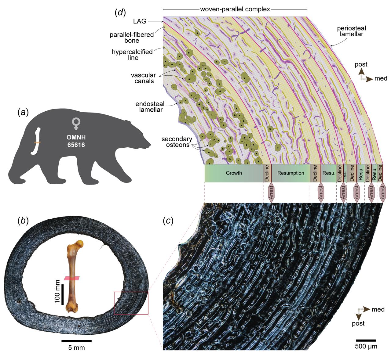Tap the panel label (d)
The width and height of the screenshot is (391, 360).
[x=120, y=13]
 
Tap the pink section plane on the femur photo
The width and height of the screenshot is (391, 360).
[x=72, y=278]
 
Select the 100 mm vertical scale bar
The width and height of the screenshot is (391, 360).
[x=62, y=294]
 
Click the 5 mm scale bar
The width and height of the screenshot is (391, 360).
[x=76, y=341]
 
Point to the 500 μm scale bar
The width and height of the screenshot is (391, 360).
[x=366, y=340]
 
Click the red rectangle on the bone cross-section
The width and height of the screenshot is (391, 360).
[x=131, y=303]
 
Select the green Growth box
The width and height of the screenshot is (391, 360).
[x=234, y=173]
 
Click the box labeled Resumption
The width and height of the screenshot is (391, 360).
[x=291, y=173]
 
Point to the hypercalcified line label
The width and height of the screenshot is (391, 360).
[x=132, y=55]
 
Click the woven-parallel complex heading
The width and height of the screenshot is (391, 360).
[x=235, y=9]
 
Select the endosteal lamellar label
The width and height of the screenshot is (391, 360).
[x=149, y=106]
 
